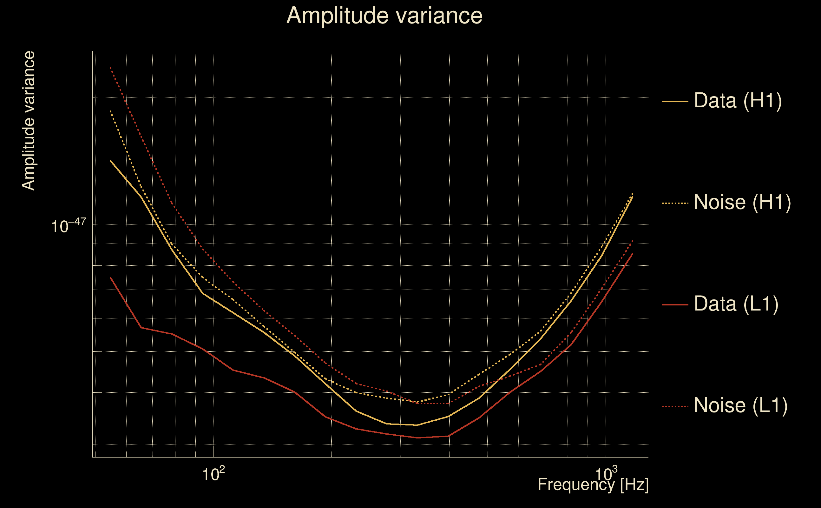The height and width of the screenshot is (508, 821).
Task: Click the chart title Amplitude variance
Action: pyautogui.click(x=384, y=16)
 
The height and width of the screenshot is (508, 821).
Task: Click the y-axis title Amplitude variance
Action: pyautogui.click(x=29, y=121)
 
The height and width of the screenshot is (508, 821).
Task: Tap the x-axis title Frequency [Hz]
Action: pyautogui.click(x=593, y=485)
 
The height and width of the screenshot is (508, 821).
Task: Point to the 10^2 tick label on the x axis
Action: pyautogui.click(x=213, y=474)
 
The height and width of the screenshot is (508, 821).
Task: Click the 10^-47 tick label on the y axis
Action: pyautogui.click(x=69, y=226)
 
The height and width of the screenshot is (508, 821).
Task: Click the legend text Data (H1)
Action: pyautogui.click(x=738, y=100)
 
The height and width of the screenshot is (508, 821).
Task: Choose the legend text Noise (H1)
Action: pyautogui.click(x=742, y=202)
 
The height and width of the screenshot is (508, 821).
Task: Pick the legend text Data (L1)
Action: pyautogui.click(x=736, y=304)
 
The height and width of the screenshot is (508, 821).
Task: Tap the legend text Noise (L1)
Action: pyautogui.click(x=740, y=405)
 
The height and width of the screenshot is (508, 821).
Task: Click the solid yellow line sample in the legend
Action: pyautogui.click(x=675, y=101)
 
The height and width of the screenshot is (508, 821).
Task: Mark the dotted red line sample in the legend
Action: pyautogui.click(x=675, y=406)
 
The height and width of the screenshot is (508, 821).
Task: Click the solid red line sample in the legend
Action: pyautogui.click(x=675, y=305)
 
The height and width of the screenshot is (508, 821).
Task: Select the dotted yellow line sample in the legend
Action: pyautogui.click(x=675, y=203)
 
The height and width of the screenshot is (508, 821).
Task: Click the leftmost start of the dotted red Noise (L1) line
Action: pyautogui.click(x=110, y=68)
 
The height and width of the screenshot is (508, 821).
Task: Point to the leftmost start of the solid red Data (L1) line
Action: pyautogui.click(x=110, y=277)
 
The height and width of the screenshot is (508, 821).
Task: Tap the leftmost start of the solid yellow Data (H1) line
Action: pyautogui.click(x=110, y=161)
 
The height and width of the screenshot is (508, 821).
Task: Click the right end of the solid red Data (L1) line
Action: pyautogui.click(x=632, y=254)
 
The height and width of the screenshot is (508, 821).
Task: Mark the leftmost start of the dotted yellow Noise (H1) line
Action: pyautogui.click(x=110, y=111)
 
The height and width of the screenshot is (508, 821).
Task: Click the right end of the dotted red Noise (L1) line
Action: pyautogui.click(x=632, y=241)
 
